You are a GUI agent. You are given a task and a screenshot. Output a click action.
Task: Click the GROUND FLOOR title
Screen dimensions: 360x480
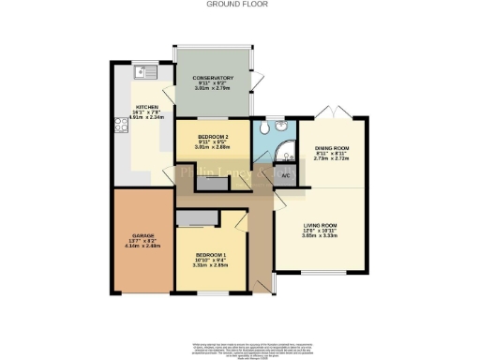click(x=239, y=4)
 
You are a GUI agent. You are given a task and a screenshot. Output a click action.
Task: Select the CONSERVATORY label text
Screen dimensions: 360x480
click(x=213, y=78)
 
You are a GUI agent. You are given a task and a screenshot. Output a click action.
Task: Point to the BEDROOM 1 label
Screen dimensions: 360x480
click(x=212, y=255)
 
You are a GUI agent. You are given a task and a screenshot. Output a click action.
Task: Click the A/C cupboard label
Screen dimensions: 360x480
click(x=285, y=175)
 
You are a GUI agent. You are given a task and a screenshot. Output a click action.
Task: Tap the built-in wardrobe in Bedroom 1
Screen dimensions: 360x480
click(x=194, y=218)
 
